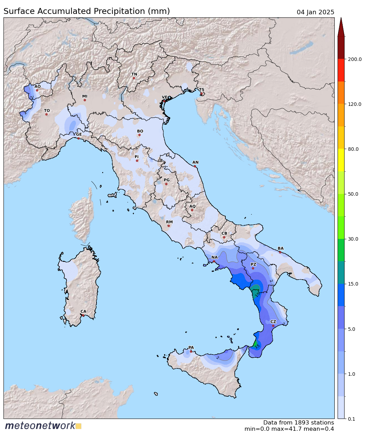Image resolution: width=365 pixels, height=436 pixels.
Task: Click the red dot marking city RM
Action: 169,226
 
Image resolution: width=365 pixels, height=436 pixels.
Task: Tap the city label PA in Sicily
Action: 191,348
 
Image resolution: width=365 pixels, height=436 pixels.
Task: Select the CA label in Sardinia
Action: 83,311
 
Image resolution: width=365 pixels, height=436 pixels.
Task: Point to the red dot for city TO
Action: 46,114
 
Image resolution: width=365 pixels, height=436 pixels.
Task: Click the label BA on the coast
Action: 280,248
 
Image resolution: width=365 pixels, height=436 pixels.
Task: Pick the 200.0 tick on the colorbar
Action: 355,59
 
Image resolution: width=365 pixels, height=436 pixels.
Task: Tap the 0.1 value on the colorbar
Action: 351,419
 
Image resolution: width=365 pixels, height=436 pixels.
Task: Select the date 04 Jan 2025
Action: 315,12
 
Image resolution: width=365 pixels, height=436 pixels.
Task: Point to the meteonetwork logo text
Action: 40,426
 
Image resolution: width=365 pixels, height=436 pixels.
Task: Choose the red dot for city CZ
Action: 273,326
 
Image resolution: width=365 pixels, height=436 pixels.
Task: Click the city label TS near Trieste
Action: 202,89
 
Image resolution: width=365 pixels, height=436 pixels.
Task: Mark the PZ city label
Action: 253,264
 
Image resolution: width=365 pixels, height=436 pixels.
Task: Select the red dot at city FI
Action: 137,161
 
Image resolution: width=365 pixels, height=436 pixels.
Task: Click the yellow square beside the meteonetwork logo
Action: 78,426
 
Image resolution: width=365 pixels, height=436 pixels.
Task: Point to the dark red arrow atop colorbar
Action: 341,27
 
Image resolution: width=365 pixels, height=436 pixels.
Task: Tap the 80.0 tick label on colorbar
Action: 353,149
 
